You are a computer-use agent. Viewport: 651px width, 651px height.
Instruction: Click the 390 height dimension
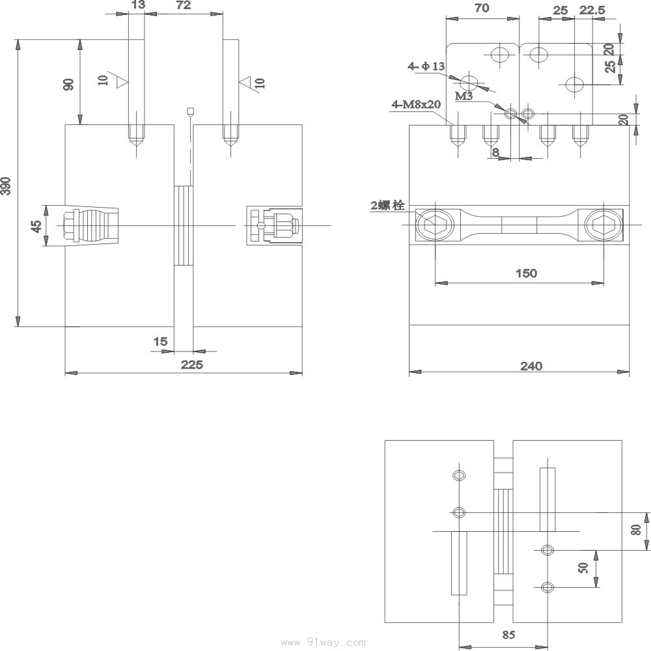(x=6, y=186)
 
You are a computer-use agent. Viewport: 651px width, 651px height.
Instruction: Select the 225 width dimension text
(x=192, y=365)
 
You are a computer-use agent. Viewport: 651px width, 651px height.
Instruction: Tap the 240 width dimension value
(x=531, y=366)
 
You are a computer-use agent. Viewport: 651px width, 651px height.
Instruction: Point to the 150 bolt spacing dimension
(x=526, y=273)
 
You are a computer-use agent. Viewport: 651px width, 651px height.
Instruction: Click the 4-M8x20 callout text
(x=416, y=104)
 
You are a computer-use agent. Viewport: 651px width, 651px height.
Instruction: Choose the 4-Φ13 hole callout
(x=426, y=66)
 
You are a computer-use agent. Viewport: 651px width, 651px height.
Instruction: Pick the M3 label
(x=464, y=96)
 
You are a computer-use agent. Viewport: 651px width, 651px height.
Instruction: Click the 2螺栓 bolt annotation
(x=387, y=205)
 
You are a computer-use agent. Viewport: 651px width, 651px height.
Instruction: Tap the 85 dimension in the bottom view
(x=508, y=634)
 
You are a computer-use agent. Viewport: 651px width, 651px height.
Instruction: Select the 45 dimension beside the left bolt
(x=37, y=227)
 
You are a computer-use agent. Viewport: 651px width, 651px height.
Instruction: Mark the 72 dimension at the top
(x=183, y=5)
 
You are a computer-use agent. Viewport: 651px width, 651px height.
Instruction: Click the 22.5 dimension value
(x=592, y=10)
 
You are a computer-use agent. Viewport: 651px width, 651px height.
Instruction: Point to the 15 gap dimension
(x=160, y=341)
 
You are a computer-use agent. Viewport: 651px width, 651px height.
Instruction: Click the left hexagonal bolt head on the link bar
(x=434, y=225)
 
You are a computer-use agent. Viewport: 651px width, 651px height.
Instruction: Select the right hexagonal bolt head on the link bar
(x=603, y=225)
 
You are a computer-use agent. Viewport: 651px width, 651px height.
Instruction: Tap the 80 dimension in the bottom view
(x=636, y=529)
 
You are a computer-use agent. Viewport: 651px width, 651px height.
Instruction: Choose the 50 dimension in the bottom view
(x=583, y=568)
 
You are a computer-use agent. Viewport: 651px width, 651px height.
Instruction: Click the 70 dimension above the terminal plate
(x=482, y=8)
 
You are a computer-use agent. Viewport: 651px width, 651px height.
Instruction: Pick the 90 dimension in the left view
(x=68, y=84)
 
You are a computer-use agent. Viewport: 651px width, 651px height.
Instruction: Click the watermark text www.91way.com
(x=324, y=643)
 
